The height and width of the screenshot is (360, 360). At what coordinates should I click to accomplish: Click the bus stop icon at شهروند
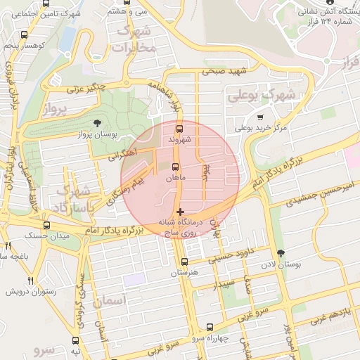click(x=179, y=129)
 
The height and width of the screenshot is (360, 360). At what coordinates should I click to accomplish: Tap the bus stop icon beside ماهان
click(x=174, y=167)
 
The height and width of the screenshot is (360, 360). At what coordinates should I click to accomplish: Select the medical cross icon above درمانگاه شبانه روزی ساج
click(x=181, y=211)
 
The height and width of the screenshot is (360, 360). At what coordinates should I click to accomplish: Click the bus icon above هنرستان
click(x=185, y=262)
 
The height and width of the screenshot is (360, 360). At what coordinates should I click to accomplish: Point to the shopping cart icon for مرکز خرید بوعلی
click(x=260, y=117)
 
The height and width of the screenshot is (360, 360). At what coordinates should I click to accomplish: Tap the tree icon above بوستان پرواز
click(x=106, y=123)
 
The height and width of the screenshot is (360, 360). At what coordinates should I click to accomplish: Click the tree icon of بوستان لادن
click(x=282, y=252)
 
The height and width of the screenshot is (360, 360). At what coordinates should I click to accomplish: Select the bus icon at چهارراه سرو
click(x=210, y=327)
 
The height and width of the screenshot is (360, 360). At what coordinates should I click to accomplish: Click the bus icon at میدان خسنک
click(x=46, y=225)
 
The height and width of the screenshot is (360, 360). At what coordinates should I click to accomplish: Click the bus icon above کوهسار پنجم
click(x=25, y=34)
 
